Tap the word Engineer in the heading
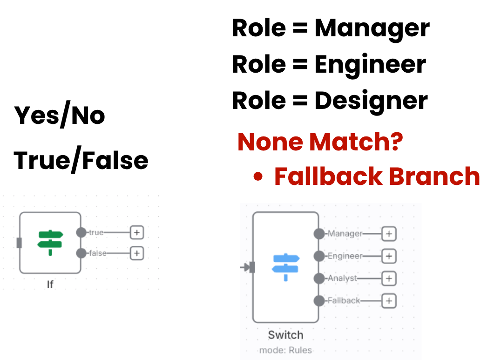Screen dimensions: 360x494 (370, 64)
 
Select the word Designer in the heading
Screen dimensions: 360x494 (371, 100)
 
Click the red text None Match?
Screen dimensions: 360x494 (320, 142)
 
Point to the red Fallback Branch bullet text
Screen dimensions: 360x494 (376, 177)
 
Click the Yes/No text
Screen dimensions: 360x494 (60, 115)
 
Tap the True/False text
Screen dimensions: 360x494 (81, 160)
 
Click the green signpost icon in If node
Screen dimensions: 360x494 (50, 242)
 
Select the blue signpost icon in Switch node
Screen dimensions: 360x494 (285, 267)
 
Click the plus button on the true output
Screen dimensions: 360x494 (136, 232)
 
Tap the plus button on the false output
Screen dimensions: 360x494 (136, 253)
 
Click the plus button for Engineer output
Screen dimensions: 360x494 (389, 256)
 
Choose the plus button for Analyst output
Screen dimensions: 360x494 (389, 278)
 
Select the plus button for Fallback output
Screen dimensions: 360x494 (389, 301)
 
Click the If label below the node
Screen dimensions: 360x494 (50, 284)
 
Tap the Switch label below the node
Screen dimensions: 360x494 (285, 335)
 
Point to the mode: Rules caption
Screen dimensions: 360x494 (285, 350)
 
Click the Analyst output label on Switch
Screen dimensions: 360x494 (342, 278)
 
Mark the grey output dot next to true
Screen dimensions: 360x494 (81, 232)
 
